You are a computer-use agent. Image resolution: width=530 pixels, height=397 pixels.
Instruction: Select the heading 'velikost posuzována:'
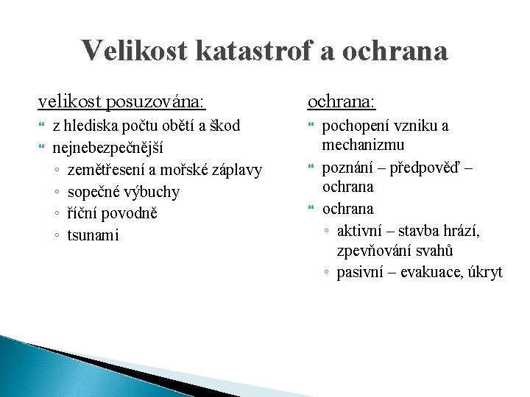(x=122, y=100)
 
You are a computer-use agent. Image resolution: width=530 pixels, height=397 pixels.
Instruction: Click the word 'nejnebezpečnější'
(x=107, y=148)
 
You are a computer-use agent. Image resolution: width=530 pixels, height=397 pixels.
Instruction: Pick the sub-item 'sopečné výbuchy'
(x=123, y=192)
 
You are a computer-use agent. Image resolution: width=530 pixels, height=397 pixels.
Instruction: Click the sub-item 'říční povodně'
(x=112, y=213)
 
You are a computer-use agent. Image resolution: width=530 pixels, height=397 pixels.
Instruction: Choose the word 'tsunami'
(x=93, y=235)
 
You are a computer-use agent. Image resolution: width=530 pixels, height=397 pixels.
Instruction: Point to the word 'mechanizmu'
(x=364, y=144)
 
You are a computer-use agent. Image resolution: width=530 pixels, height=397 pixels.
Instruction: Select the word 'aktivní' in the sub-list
(x=360, y=232)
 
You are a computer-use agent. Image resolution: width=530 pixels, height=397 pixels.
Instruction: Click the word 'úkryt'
(x=485, y=272)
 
